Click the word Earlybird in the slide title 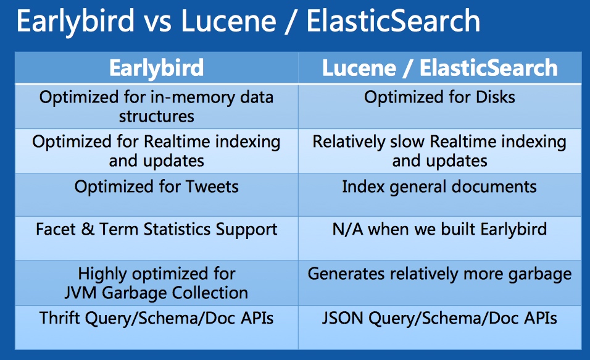coord(75,22)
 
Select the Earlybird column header coord(157,68)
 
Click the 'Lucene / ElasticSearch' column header coord(439,68)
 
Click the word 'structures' coord(157,116)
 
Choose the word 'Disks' coord(495,97)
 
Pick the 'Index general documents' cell coord(439,187)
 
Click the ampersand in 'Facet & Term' coord(88,229)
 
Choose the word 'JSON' coord(343,318)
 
